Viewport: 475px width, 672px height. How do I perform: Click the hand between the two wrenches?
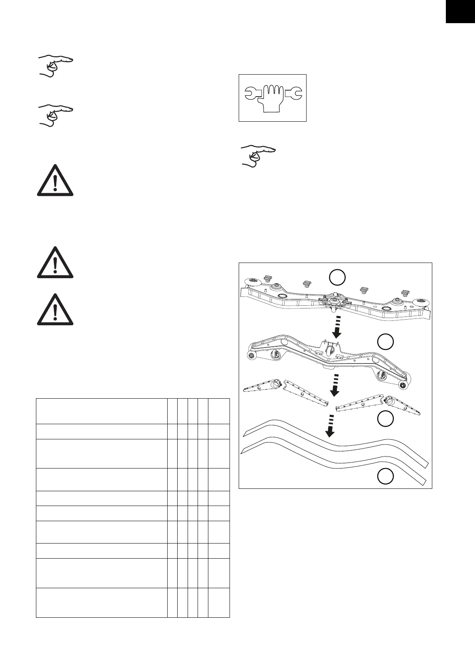click(x=273, y=98)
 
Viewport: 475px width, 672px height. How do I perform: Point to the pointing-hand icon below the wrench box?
click(x=257, y=156)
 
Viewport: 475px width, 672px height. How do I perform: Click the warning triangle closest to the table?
click(x=55, y=310)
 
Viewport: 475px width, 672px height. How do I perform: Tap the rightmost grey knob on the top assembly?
click(x=406, y=294)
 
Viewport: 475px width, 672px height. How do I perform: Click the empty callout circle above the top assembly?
click(x=337, y=277)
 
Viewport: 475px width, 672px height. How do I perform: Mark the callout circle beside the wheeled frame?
click(x=386, y=342)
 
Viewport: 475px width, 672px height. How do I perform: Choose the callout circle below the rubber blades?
click(x=386, y=476)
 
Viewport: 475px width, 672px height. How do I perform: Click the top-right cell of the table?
click(x=219, y=411)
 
